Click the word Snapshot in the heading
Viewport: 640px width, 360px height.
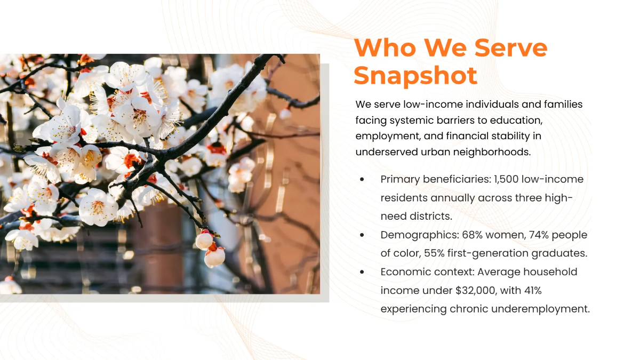pyautogui.click(x=415, y=75)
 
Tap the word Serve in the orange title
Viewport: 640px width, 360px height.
pyautogui.click(x=511, y=48)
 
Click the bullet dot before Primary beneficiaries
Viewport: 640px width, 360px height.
pyautogui.click(x=363, y=180)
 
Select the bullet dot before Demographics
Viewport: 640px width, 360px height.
pyautogui.click(x=363, y=235)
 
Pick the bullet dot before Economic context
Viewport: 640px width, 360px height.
pyautogui.click(x=363, y=272)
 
